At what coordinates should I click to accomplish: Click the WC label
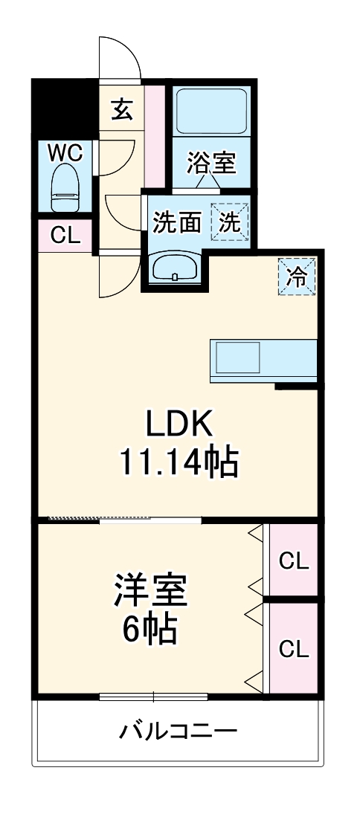(65, 153)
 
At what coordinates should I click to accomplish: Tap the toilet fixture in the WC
(65, 190)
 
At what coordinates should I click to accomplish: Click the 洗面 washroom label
(178, 222)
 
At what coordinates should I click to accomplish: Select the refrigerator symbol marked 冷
(297, 277)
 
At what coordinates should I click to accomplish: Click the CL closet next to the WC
(65, 236)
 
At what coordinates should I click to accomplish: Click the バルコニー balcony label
(179, 731)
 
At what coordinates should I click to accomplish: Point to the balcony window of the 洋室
(153, 697)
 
